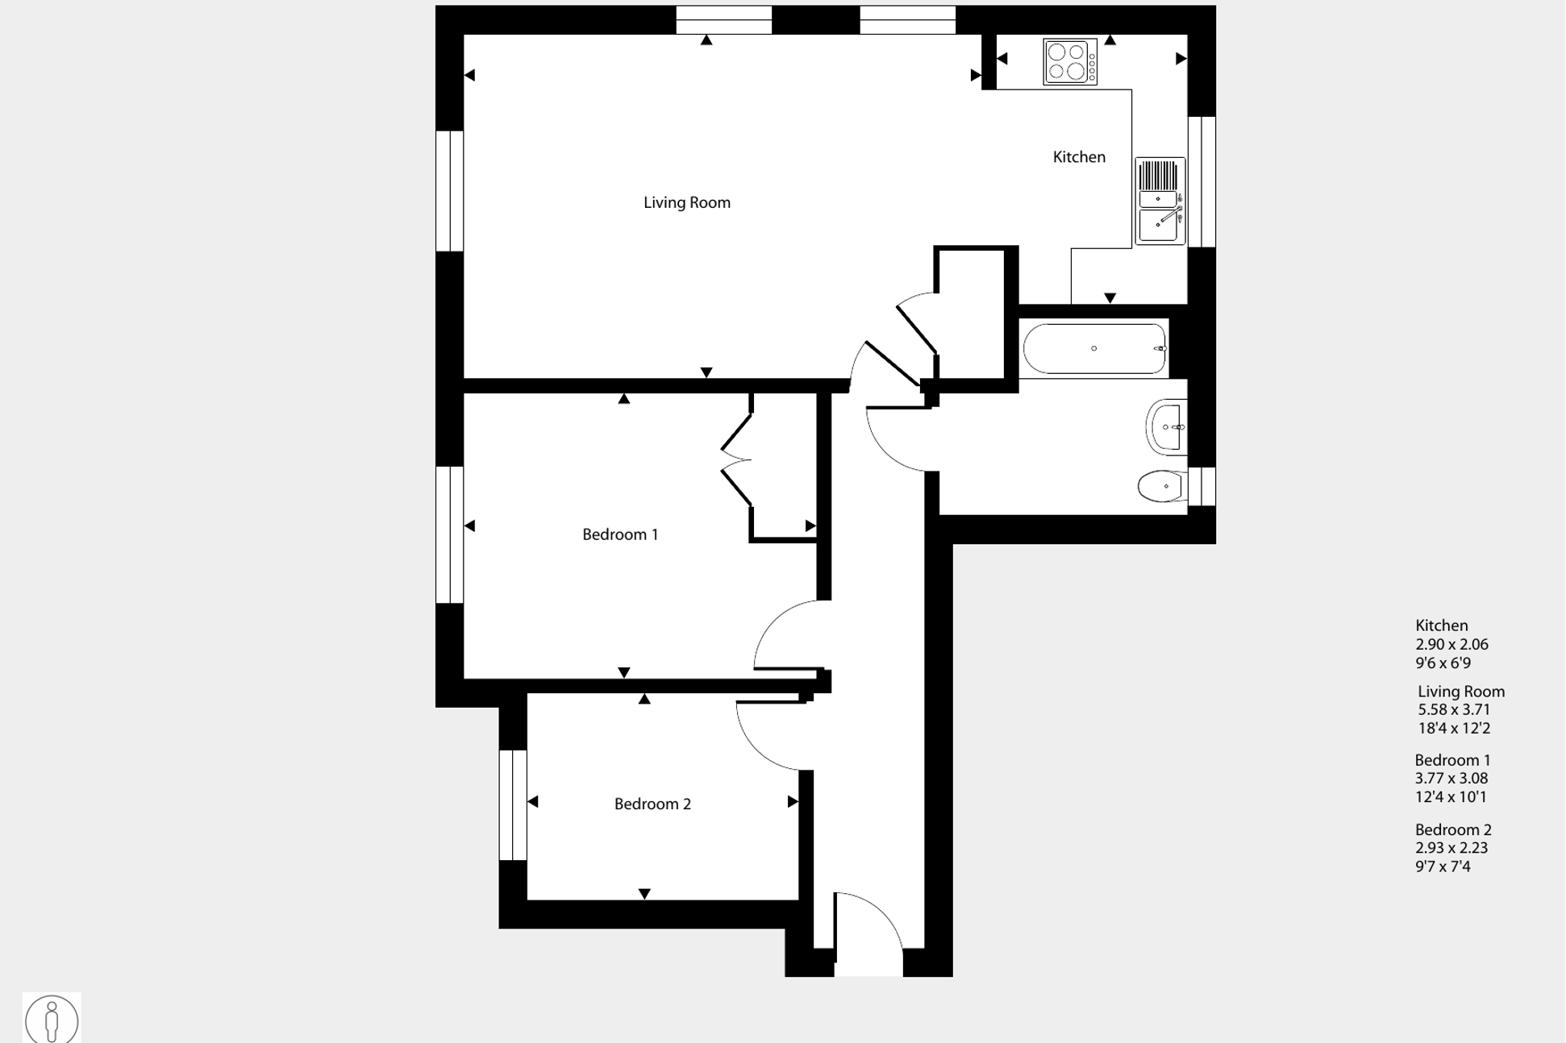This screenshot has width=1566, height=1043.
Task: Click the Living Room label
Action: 686,203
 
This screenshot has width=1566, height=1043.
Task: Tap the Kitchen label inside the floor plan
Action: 1078,157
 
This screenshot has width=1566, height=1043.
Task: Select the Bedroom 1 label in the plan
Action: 620,534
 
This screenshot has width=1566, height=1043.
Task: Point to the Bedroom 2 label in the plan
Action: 652,804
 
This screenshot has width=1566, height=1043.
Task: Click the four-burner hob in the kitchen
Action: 1069,62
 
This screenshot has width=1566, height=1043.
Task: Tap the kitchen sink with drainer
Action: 1160,201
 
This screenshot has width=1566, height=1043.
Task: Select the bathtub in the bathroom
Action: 1093,349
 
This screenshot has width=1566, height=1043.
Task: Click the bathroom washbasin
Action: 1167,427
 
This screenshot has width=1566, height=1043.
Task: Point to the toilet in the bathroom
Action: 1161,487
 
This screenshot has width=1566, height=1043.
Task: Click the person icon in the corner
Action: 52,1019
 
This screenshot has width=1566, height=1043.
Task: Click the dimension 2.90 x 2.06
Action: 1451,644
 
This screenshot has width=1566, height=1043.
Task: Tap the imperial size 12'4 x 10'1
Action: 1451,797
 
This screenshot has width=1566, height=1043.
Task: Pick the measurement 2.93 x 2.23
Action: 1451,848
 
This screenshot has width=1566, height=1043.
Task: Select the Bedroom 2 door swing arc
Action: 766,738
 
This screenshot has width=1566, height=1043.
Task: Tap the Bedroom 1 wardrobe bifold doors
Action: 736,460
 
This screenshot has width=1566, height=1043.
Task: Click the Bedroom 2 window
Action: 513,805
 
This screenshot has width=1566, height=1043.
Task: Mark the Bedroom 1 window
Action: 449,534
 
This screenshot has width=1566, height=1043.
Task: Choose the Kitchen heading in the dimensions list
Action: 1441,625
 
